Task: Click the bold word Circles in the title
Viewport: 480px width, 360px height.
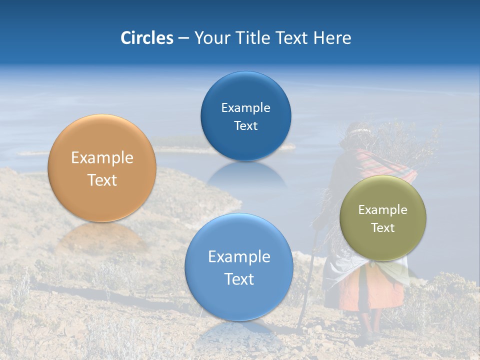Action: pos(146,38)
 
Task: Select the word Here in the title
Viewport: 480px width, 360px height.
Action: pos(332,38)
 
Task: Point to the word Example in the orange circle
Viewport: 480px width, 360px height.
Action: pos(102,158)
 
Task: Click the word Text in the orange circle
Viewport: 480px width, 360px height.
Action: pos(102,180)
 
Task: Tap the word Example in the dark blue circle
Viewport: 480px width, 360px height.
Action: pos(245,108)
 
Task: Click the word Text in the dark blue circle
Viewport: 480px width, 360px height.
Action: pos(245,126)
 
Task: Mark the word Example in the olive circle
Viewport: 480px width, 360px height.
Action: pos(382,210)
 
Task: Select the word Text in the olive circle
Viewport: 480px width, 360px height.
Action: pos(382,228)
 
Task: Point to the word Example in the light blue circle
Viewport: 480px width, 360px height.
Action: pos(238,257)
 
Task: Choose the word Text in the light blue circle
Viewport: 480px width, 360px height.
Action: pos(238,279)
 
